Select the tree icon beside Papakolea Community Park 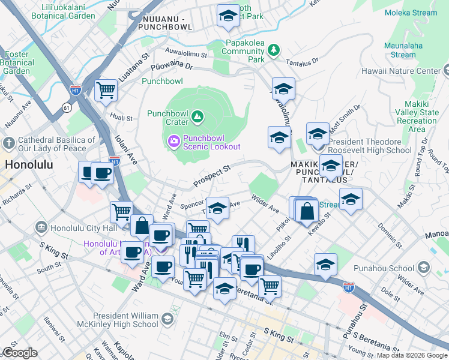pyautogui.click(x=274, y=49)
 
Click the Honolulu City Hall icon pyautogui.click(x=41, y=227)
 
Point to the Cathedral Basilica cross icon pyautogui.click(x=8, y=144)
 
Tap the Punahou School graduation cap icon pyautogui.click(x=424, y=267)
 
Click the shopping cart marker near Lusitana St pyautogui.click(x=106, y=91)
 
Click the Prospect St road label pyautogui.click(x=211, y=176)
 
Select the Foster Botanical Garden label pyautogui.click(x=16, y=62)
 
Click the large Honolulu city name pyautogui.click(x=29, y=164)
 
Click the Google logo pyautogui.click(x=20, y=353)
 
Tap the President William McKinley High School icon pyautogui.click(x=166, y=317)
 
